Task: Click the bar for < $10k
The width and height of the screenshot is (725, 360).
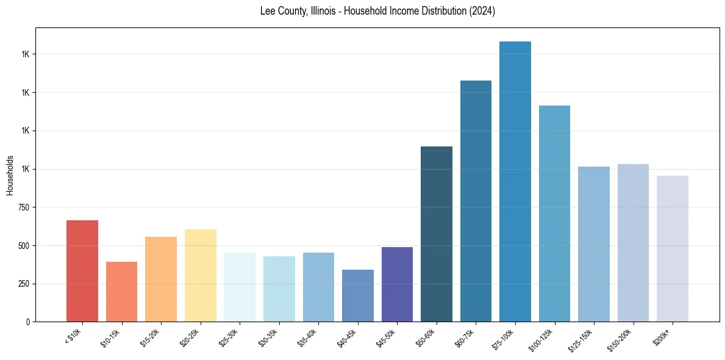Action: pyautogui.click(x=82, y=271)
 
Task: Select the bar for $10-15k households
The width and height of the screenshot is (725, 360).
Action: pyautogui.click(x=121, y=292)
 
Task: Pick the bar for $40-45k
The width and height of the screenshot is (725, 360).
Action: pyautogui.click(x=358, y=296)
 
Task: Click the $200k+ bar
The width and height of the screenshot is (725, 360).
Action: pyautogui.click(x=673, y=249)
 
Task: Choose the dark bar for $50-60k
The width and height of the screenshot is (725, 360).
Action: pyautogui.click(x=437, y=234)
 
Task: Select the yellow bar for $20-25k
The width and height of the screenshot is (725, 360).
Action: pyautogui.click(x=201, y=276)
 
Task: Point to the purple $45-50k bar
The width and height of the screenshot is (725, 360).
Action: pyautogui.click(x=397, y=284)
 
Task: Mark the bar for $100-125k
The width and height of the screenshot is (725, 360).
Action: pyautogui.click(x=554, y=214)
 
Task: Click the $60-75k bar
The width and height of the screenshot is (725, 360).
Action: pyautogui.click(x=476, y=201)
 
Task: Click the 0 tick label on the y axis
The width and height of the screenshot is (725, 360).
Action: pyautogui.click(x=29, y=322)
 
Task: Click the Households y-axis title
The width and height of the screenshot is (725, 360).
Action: pyautogui.click(x=10, y=175)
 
